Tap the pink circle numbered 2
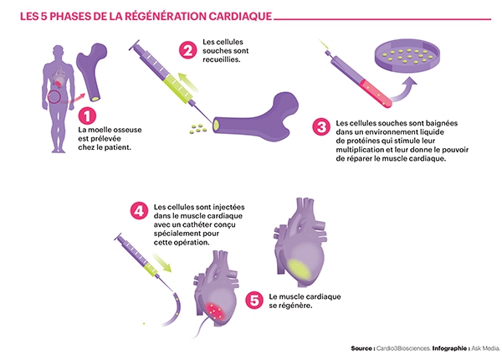(x=188, y=49)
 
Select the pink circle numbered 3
(x=320, y=128)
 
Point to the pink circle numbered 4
(x=138, y=209)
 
